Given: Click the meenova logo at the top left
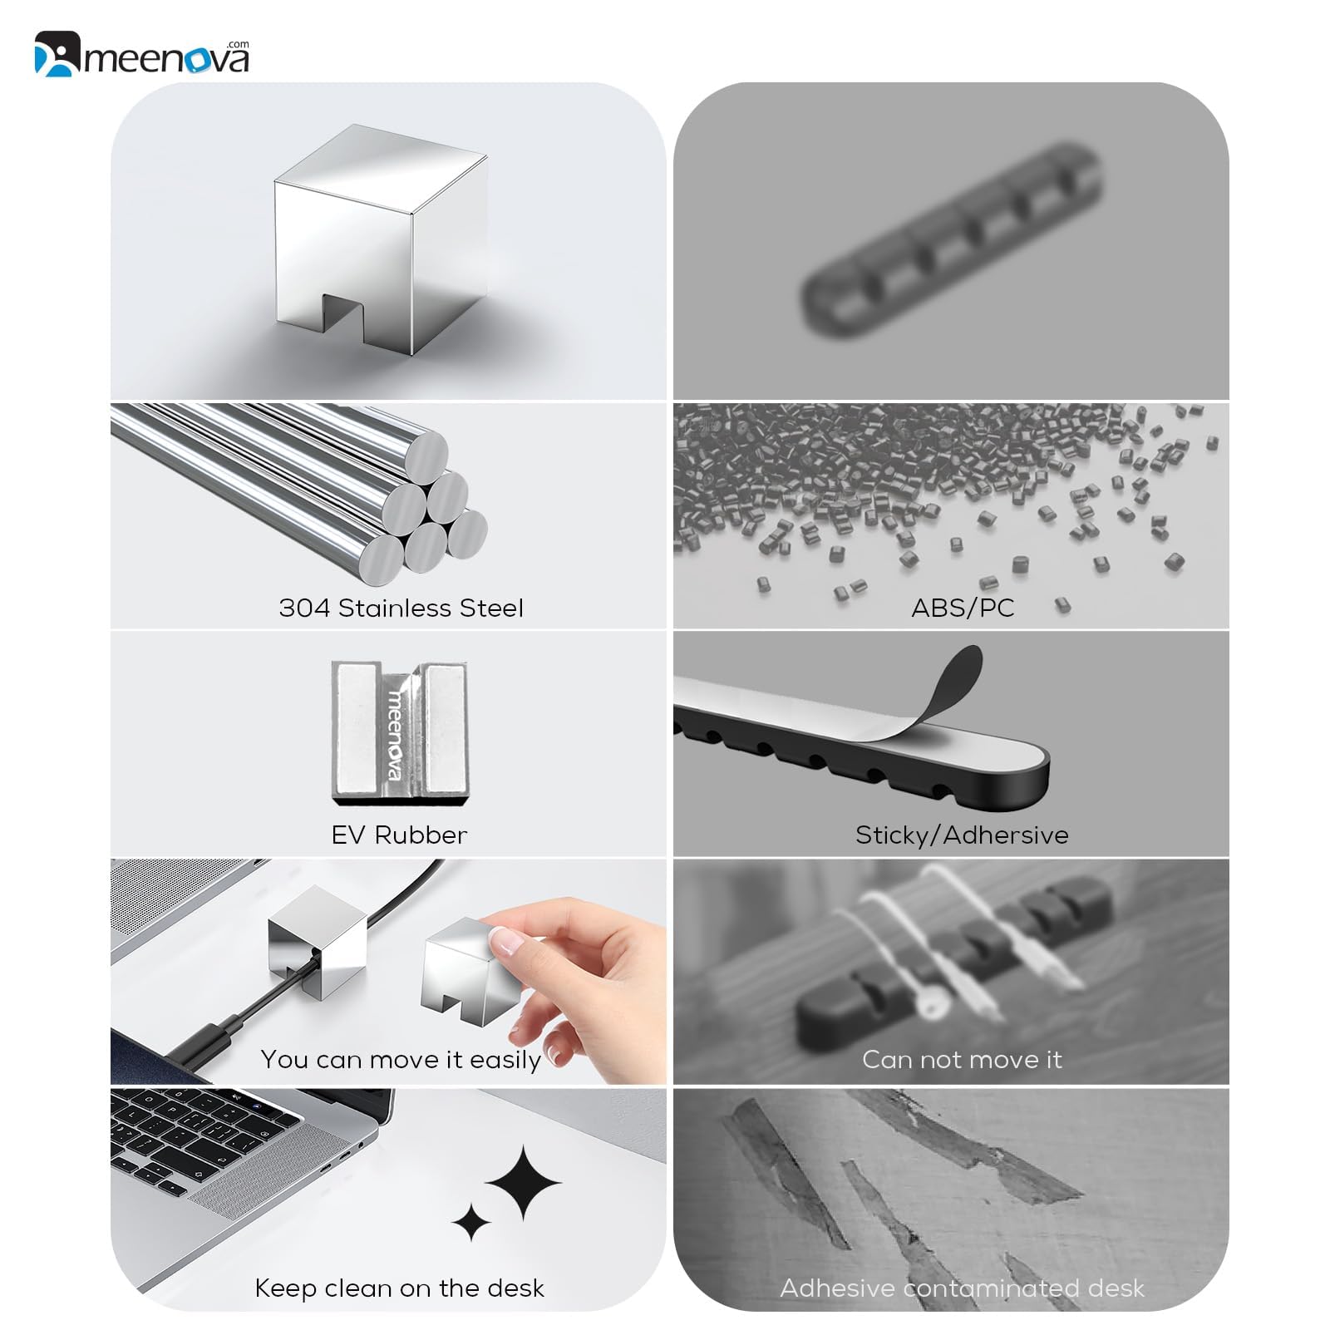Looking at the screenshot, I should click(x=141, y=56).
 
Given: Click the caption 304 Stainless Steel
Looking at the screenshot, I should click(x=401, y=608).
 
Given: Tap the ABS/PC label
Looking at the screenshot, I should click(x=963, y=608).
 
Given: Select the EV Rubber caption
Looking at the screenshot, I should click(x=399, y=835).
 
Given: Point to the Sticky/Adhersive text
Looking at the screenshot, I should click(x=962, y=835).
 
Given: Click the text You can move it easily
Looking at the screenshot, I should click(x=401, y=1060).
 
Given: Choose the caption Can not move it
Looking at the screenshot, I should click(x=962, y=1060).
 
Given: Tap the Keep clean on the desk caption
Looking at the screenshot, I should click(x=399, y=1288).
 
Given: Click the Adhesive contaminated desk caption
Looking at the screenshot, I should click(x=962, y=1288).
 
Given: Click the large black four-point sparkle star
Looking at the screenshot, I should click(x=523, y=1182).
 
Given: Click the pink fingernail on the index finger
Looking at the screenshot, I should click(x=505, y=943).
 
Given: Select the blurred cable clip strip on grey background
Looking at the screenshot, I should click(x=952, y=241).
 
